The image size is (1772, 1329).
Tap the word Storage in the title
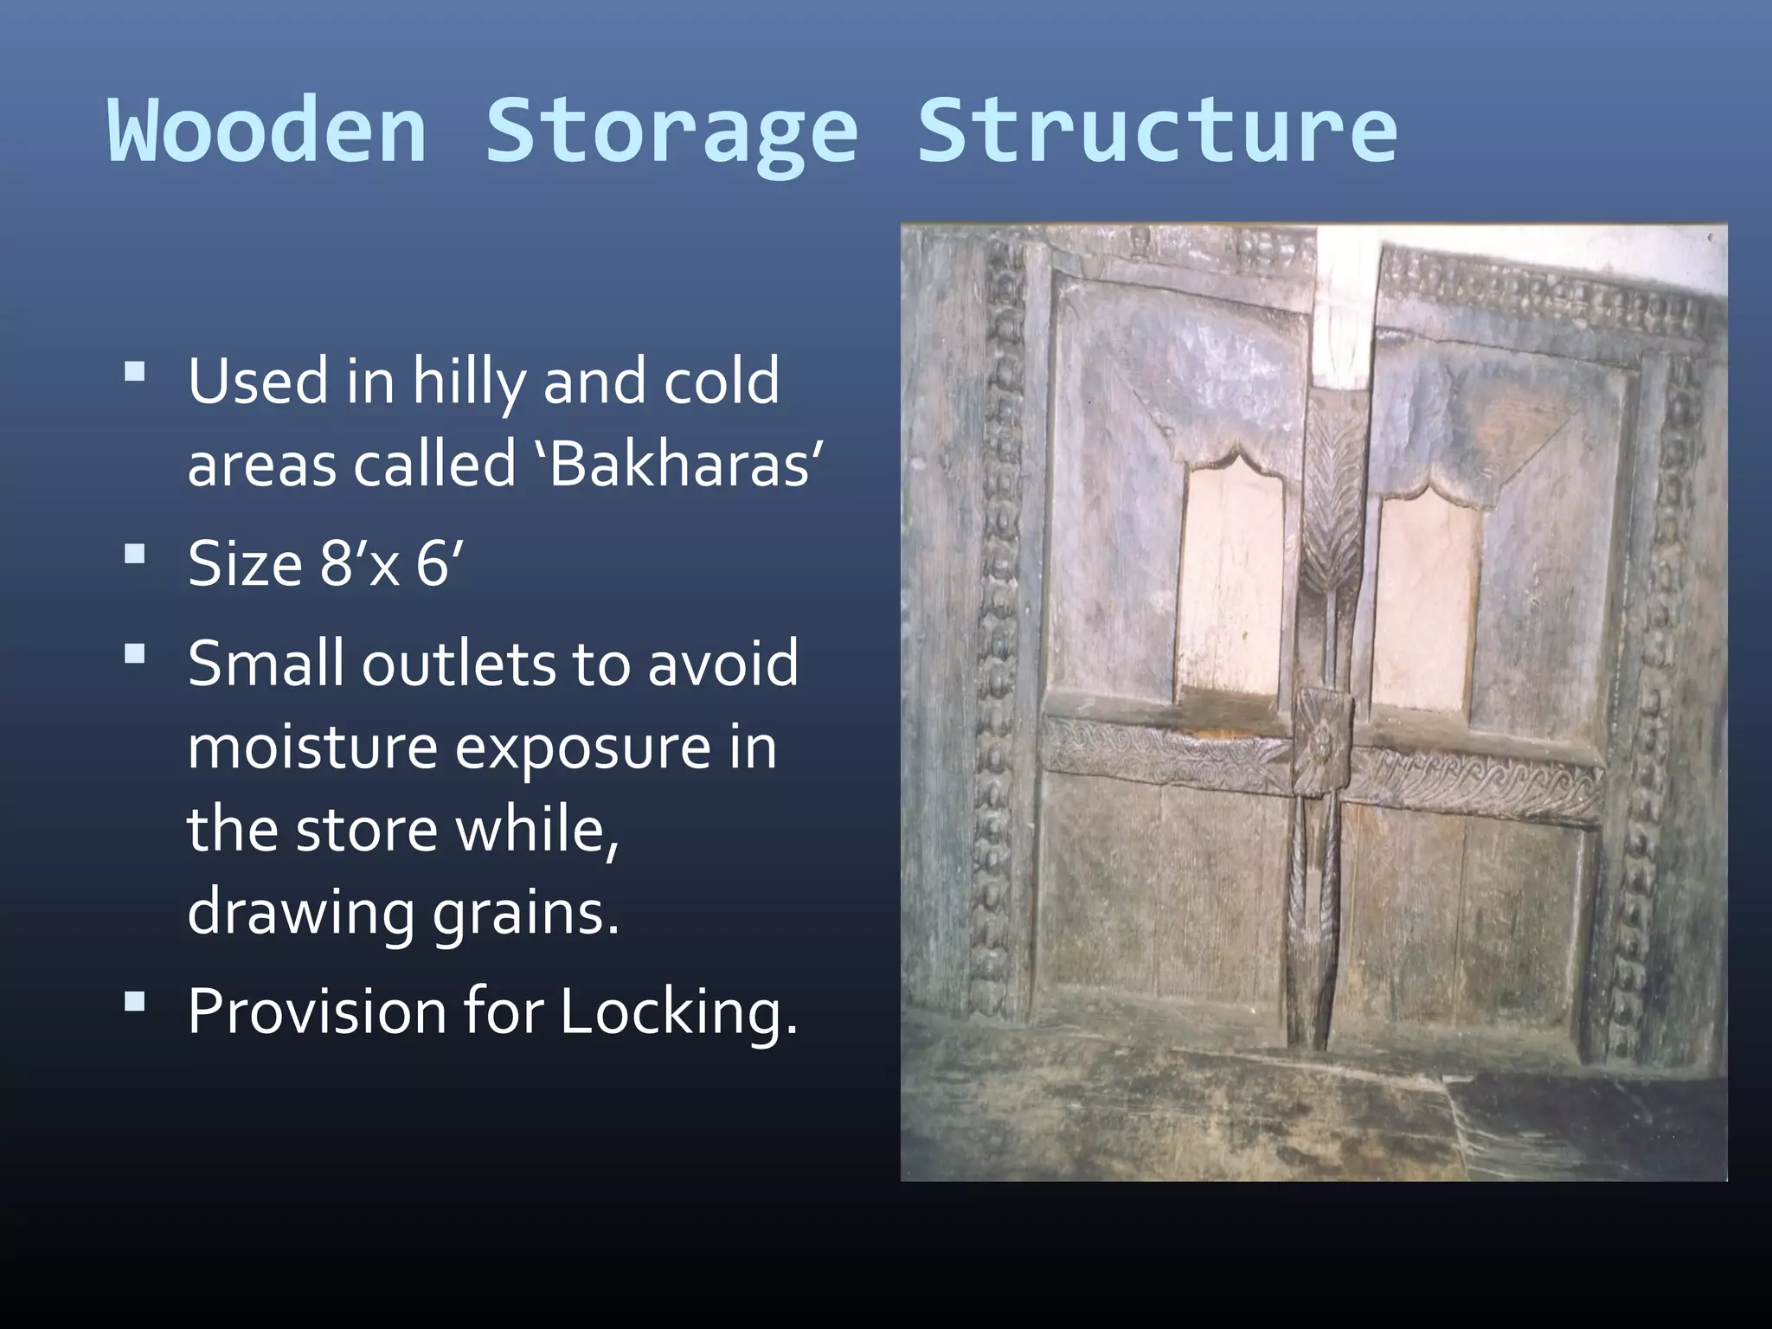[x=671, y=132]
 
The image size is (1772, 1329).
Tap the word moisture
[x=312, y=747]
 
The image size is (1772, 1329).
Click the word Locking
[x=678, y=1011]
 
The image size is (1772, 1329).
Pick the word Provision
[x=317, y=1010]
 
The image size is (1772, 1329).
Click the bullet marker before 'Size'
[x=135, y=554]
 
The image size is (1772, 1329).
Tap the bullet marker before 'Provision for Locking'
[x=135, y=1001]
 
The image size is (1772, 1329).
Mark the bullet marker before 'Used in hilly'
[x=135, y=373]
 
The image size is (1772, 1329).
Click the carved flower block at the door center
[x=1323, y=742]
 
